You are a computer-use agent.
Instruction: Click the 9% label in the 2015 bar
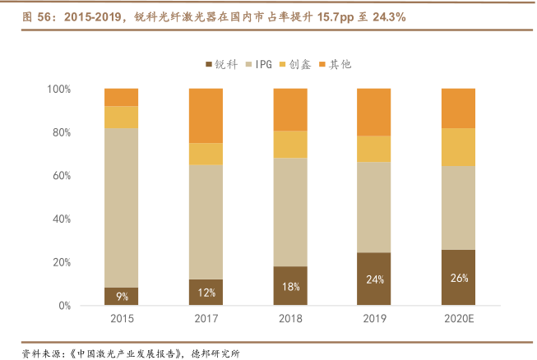[121, 297]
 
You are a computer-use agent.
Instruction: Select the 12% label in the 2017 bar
[206, 293]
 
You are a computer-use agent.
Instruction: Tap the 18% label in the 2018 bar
[290, 287]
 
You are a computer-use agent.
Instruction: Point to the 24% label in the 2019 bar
[374, 279]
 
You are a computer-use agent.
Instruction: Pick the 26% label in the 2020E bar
[459, 278]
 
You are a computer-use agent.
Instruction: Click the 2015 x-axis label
[121, 318]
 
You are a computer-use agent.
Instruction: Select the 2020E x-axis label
[459, 318]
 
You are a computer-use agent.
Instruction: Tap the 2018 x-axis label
[290, 318]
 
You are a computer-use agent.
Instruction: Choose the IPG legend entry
[257, 64]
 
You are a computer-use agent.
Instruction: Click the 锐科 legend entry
[220, 64]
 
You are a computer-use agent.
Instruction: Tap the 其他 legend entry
[336, 64]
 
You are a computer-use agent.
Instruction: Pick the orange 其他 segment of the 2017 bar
[206, 115]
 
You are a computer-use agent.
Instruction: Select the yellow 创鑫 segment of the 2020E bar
[459, 147]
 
